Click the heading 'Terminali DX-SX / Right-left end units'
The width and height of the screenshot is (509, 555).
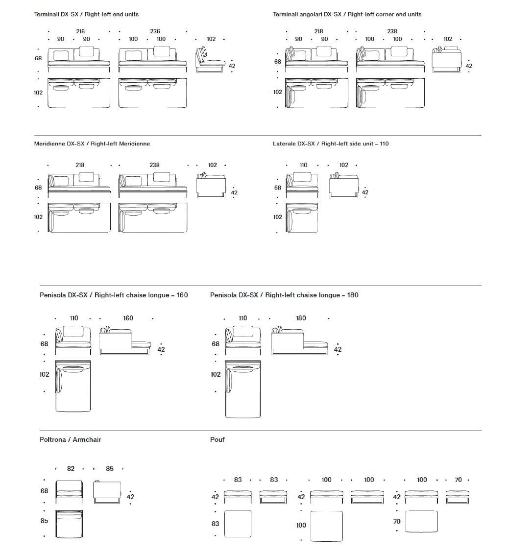[x=86, y=14]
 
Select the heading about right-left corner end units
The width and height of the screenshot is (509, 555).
[x=347, y=14]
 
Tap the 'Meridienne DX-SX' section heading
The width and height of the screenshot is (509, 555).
[x=92, y=144]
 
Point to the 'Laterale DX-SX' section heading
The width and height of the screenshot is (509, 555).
[x=331, y=144]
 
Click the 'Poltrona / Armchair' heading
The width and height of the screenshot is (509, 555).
[x=70, y=439]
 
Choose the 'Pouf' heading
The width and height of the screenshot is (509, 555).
[x=218, y=439]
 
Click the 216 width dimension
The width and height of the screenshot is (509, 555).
[x=80, y=31]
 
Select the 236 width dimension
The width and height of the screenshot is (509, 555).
[x=155, y=31]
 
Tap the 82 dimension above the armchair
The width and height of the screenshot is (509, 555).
[x=71, y=469]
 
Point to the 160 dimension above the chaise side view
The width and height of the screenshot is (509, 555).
[x=128, y=318]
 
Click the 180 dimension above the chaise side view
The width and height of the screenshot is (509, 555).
[x=301, y=318]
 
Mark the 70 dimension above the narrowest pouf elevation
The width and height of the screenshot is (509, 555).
[x=458, y=480]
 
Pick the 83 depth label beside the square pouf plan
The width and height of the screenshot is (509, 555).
[x=216, y=524]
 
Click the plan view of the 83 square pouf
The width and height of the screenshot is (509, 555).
[x=238, y=524]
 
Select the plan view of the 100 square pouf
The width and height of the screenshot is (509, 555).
[x=326, y=526]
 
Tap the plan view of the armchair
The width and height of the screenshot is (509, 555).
[x=69, y=524]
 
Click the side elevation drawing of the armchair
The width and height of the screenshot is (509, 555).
[x=107, y=491]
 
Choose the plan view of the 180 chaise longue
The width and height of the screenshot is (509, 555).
[x=243, y=389]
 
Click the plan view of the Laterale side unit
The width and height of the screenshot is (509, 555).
[x=302, y=217]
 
